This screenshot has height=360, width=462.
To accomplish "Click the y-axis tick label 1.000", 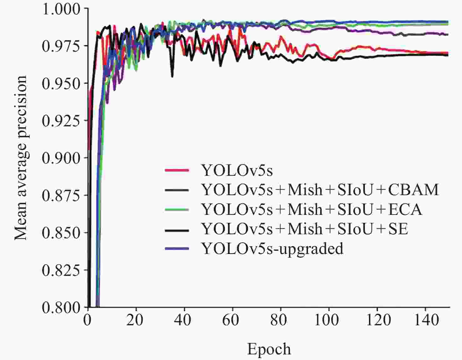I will pyautogui.click(x=61, y=9).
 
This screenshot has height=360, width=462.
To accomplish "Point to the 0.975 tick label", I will pyautogui.click(x=61, y=46).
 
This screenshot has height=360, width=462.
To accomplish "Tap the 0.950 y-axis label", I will pyautogui.click(x=61, y=84).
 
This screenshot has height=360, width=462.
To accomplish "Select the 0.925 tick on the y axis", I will pyautogui.click(x=61, y=121).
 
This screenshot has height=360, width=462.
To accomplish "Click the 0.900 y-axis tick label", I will pyautogui.click(x=61, y=158).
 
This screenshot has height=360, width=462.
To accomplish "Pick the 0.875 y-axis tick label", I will pyautogui.click(x=61, y=195).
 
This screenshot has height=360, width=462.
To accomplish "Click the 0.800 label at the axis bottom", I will pyautogui.click(x=61, y=307).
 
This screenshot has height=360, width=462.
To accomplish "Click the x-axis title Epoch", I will pyautogui.click(x=269, y=349).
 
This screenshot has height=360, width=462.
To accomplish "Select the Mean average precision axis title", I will pyautogui.click(x=21, y=158).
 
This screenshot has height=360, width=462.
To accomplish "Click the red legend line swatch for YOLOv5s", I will pyautogui.click(x=177, y=170).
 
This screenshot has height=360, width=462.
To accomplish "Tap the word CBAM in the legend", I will pyautogui.click(x=413, y=190).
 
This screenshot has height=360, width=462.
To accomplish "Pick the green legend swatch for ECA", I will pyautogui.click(x=177, y=209).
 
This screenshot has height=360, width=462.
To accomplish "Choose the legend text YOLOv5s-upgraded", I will pyautogui.click(x=272, y=248).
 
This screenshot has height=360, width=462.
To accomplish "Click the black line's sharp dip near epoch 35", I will pyautogui.click(x=172, y=76).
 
